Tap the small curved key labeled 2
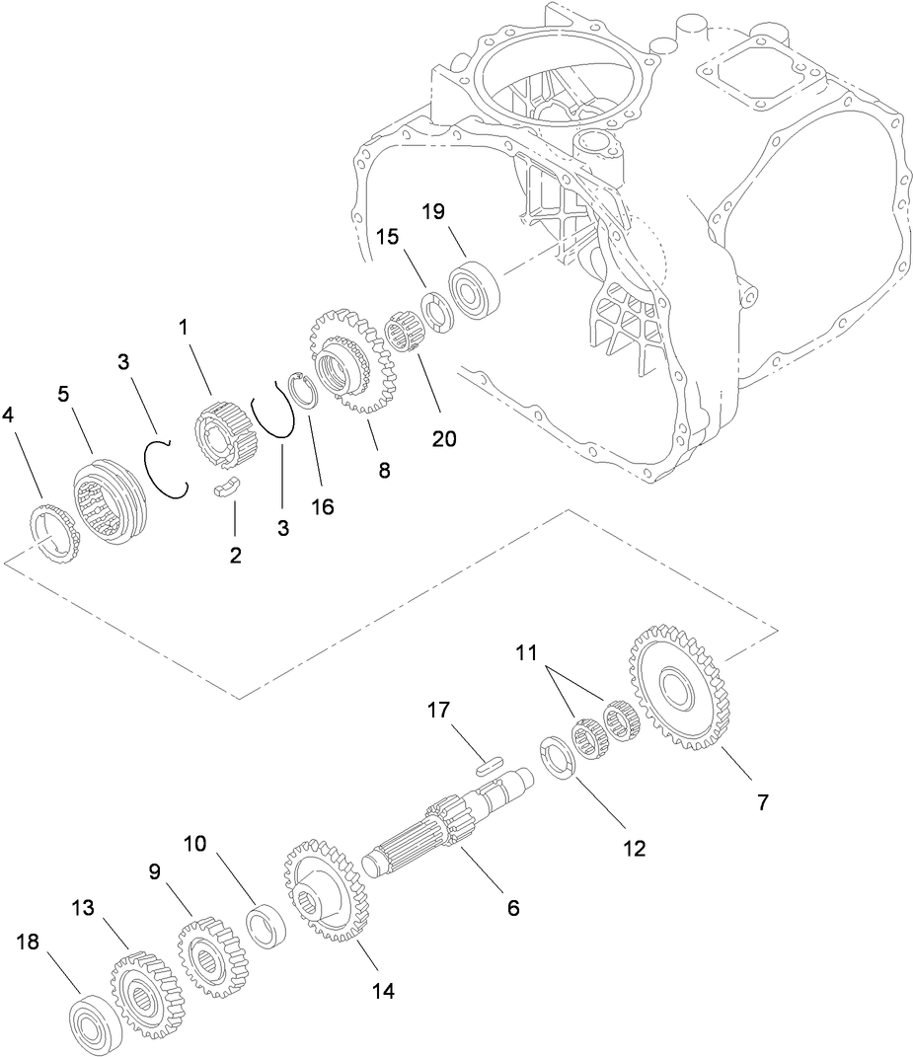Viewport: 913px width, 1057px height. [x=229, y=489]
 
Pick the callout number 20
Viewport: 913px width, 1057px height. [x=444, y=438]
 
